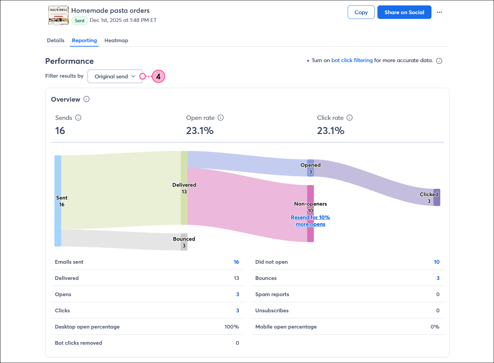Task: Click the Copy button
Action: (x=361, y=12)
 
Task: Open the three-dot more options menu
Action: (x=439, y=12)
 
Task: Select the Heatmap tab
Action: (x=116, y=41)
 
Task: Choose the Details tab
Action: (x=55, y=41)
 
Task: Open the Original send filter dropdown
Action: (x=115, y=76)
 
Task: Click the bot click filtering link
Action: (x=352, y=60)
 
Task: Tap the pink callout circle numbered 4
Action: (x=158, y=76)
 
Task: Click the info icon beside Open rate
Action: (x=221, y=118)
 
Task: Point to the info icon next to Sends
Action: (x=78, y=118)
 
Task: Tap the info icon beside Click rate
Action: (x=350, y=118)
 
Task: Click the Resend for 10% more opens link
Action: (x=310, y=221)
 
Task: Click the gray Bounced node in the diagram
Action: (x=184, y=242)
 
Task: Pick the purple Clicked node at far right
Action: (x=437, y=197)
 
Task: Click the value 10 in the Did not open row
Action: (x=437, y=262)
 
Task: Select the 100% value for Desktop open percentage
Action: (x=231, y=327)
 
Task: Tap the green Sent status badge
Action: (x=80, y=21)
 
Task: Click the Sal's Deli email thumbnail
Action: (x=58, y=16)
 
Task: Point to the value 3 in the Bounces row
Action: (x=438, y=278)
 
